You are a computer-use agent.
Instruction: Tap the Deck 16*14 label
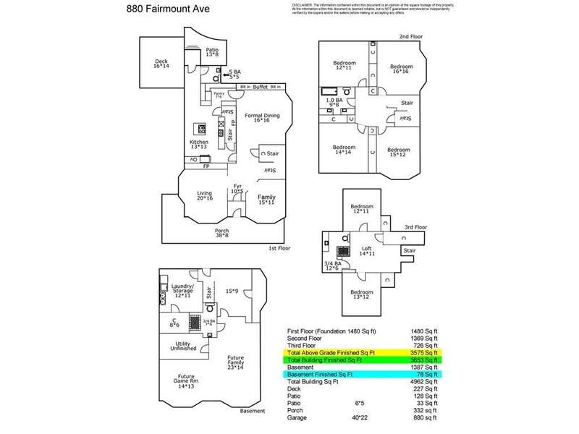(161, 63)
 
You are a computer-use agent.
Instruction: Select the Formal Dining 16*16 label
(261, 118)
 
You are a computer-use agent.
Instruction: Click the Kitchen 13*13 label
(200, 145)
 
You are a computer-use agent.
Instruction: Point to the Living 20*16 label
(205, 196)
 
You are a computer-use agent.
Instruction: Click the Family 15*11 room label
(266, 200)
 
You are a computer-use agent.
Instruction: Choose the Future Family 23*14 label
(236, 361)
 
